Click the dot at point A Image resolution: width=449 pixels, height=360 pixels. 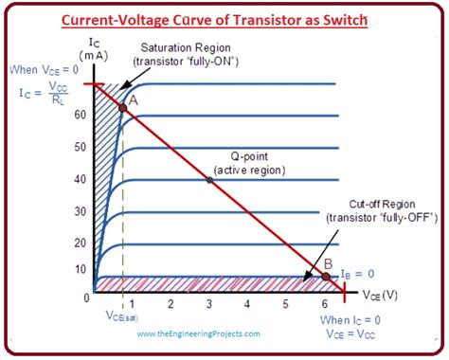[x=122, y=108]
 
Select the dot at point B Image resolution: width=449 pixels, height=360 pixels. [x=325, y=277]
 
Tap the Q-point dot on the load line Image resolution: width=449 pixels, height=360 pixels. [x=209, y=180]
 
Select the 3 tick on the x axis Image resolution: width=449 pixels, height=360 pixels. [x=209, y=304]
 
